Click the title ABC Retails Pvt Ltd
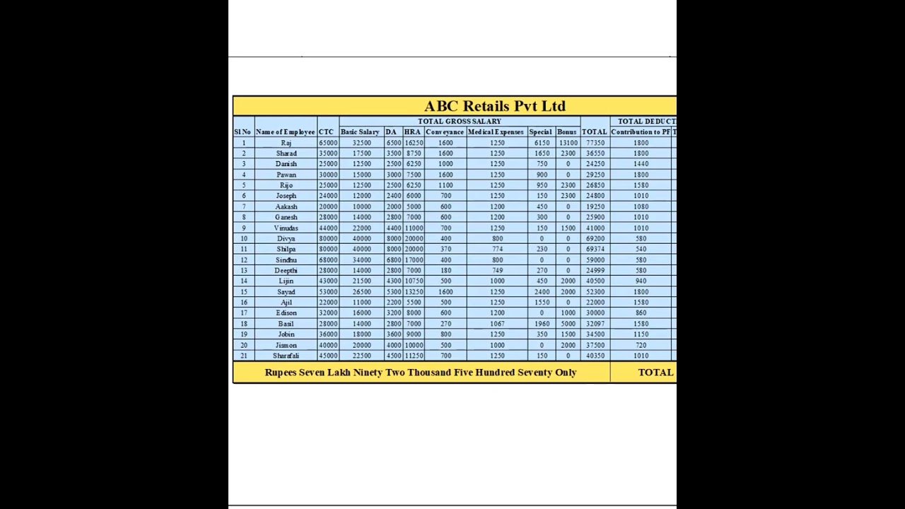coord(495,106)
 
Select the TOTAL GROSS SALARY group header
coord(459,122)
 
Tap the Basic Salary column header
coord(360,132)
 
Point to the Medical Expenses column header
coord(496,132)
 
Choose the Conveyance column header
coord(445,132)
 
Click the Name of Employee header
coord(285,132)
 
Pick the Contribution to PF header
coord(641,132)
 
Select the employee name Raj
coord(286,143)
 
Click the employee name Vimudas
coord(286,228)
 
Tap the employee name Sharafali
coord(286,356)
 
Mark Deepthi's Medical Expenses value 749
coord(497,271)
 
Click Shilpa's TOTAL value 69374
coord(595,250)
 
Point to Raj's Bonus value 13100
coord(568,143)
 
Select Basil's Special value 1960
coord(542,324)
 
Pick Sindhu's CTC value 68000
coord(327,260)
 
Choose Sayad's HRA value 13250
coord(414,292)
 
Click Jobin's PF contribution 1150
coord(641,334)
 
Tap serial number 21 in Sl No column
coord(243,356)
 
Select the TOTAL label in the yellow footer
coord(655,373)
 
